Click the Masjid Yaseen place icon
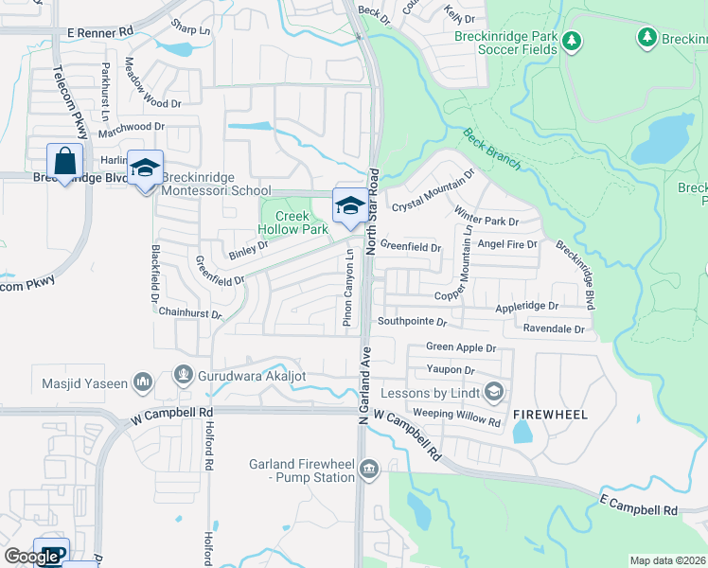tap(144, 382)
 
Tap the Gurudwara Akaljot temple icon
tap(184, 376)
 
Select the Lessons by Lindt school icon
tap(493, 391)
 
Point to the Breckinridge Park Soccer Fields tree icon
tap(571, 41)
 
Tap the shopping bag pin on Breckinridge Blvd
tap(64, 162)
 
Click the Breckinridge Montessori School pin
tap(145, 169)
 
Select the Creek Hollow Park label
tap(293, 222)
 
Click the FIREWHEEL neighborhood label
tap(551, 415)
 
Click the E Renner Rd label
tap(99, 32)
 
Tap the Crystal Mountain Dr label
tap(433, 191)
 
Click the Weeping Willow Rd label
tap(456, 417)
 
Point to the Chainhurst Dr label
tap(190, 312)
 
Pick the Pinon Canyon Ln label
tap(349, 284)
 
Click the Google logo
tap(31, 557)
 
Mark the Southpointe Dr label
tap(413, 321)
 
